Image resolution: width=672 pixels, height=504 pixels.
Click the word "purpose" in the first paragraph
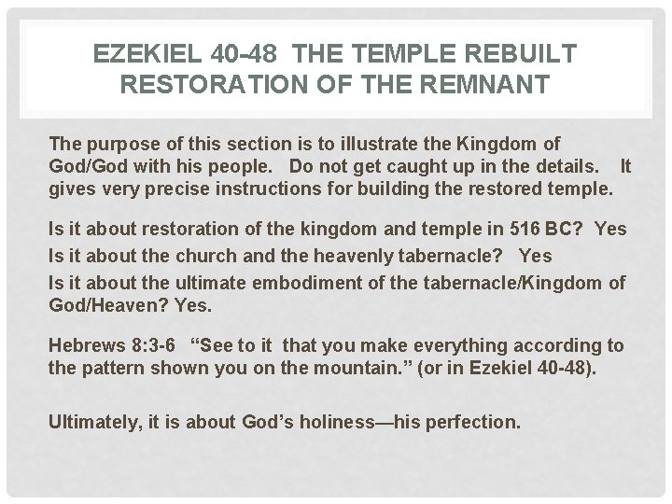(x=119, y=145)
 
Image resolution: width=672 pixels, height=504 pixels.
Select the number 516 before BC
(x=503, y=229)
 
